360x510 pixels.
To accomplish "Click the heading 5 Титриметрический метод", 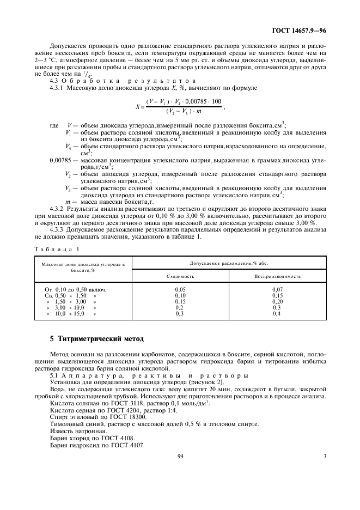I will point(96,339).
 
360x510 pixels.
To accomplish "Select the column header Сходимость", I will point(180,276).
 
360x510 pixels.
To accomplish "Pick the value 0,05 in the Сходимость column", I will point(180,289).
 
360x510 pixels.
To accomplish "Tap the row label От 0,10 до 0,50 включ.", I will point(75,289).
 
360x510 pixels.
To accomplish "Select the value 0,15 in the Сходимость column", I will point(180,301).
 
